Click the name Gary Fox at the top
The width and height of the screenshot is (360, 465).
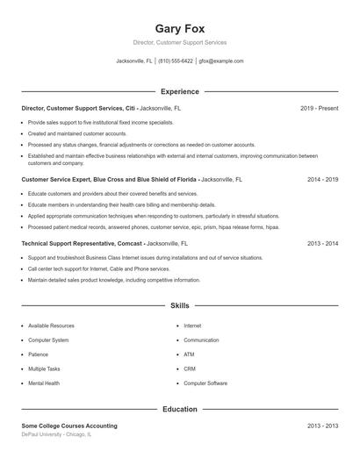[x=179, y=28]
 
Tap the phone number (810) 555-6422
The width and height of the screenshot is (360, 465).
[x=176, y=61]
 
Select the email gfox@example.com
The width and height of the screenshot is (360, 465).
[x=221, y=61]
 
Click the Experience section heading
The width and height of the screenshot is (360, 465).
[x=179, y=91]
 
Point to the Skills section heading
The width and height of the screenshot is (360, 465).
[x=179, y=306]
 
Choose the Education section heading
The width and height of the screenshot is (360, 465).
[x=179, y=409]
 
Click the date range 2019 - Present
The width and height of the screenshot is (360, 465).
[x=319, y=108]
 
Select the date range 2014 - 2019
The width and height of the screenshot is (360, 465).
[x=322, y=178]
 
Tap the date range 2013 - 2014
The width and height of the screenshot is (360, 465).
[x=322, y=241]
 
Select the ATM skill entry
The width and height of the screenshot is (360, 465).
[x=189, y=354]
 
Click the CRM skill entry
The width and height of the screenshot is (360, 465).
[x=190, y=368]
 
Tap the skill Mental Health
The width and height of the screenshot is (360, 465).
[x=44, y=383]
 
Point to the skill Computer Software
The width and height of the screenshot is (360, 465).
[x=205, y=383]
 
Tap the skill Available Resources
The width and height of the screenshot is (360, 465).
[x=51, y=325]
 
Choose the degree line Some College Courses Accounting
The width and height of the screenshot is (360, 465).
[x=69, y=426]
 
